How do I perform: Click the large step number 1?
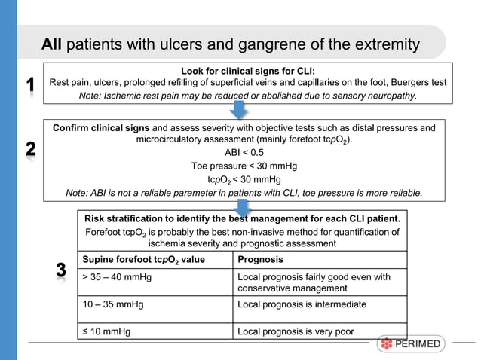coord(29,85)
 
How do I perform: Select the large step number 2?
coord(29,150)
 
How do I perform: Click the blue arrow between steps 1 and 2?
coord(240,111)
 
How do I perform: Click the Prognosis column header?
coord(260,261)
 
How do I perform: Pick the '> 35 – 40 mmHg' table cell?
coord(117,278)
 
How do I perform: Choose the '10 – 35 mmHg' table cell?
coord(112,304)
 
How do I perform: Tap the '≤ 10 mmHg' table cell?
coord(106,331)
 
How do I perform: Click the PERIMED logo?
coord(412,345)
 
